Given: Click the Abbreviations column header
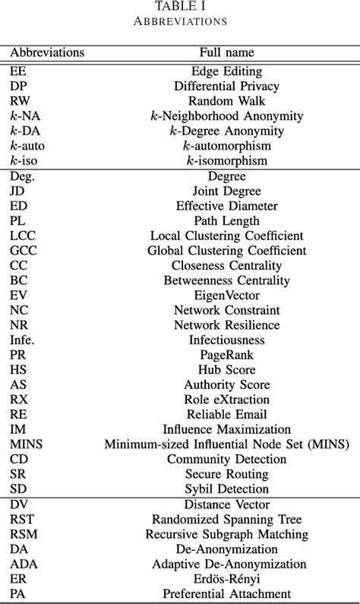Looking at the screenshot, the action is click(47, 53).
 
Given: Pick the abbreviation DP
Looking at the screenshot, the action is click(18, 86).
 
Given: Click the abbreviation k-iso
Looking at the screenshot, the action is click(25, 160).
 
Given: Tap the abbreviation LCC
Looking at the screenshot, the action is click(22, 236).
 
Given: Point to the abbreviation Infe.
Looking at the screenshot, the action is click(24, 340).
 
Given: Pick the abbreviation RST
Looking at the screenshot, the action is click(21, 520).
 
